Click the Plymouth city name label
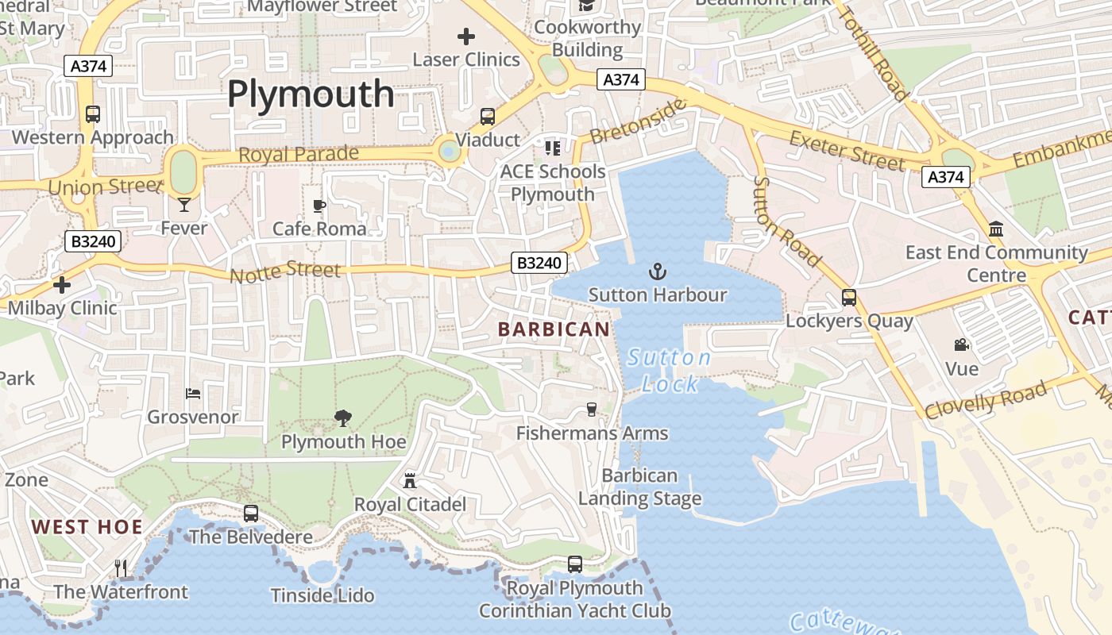tap(311, 94)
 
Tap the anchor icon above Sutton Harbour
tap(657, 272)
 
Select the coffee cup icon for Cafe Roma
tap(319, 206)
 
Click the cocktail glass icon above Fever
tap(184, 205)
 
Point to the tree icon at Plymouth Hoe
tap(343, 418)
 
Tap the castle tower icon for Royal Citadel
tap(410, 480)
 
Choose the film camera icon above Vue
tap(961, 345)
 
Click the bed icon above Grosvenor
tap(193, 393)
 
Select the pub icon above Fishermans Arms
tap(591, 410)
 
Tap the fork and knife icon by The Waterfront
tap(121, 568)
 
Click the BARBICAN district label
tap(554, 329)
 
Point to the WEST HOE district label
tap(87, 527)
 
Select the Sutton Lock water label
tap(670, 371)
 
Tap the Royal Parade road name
tap(299, 154)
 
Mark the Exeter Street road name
tap(847, 151)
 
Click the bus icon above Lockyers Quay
tap(849, 298)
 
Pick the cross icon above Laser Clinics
tap(466, 36)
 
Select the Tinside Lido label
tap(322, 595)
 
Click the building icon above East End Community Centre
tap(996, 229)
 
